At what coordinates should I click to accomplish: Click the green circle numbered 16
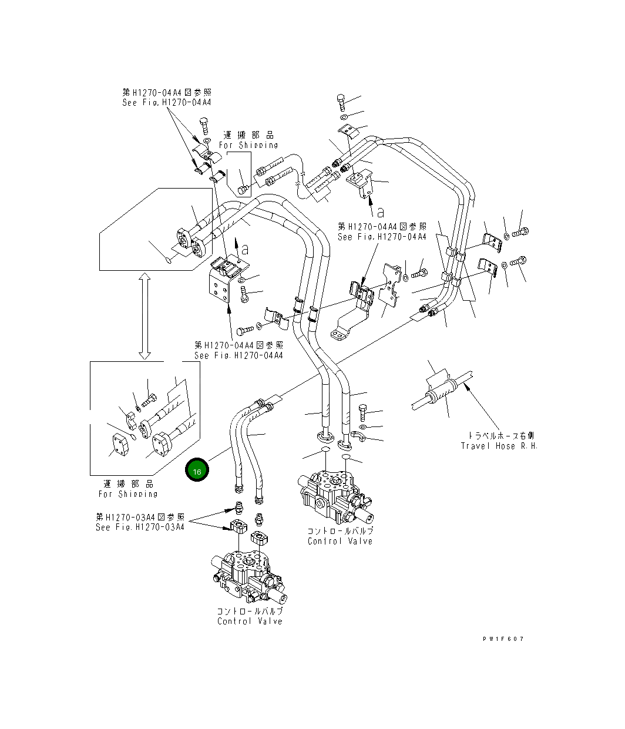pos(197,471)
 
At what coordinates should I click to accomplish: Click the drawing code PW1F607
pos(503,639)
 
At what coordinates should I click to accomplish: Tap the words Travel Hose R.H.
pos(499,446)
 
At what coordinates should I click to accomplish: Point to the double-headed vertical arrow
pos(145,316)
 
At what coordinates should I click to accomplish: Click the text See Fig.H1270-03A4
pos(140,527)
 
